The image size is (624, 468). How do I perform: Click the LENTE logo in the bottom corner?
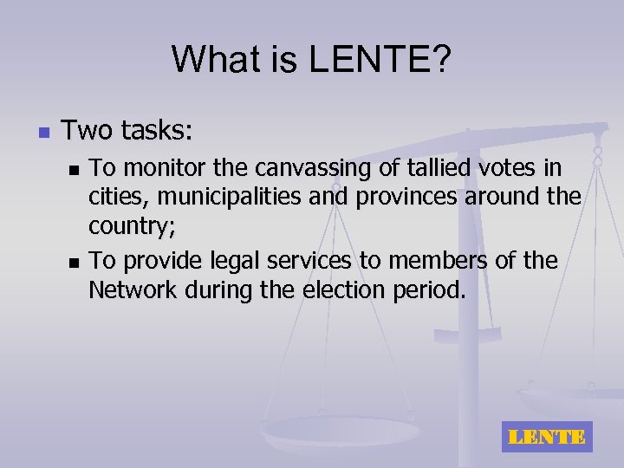click(546, 437)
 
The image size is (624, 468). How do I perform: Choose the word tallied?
click(443, 166)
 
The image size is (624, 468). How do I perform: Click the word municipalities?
click(232, 198)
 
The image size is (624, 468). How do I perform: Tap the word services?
click(296, 260)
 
